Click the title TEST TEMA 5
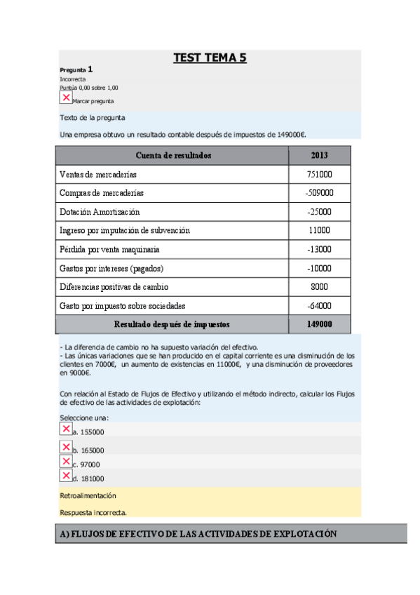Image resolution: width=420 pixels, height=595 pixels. [210, 58]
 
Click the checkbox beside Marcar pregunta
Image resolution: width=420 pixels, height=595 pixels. [66, 98]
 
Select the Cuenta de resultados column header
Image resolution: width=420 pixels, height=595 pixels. [173, 155]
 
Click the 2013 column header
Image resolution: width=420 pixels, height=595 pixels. [319, 155]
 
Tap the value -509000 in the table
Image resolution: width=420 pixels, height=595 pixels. [319, 193]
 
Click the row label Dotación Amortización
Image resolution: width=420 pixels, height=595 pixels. [100, 212]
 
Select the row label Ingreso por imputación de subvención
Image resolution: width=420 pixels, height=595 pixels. [125, 230]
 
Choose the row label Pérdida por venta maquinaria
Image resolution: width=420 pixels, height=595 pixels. [109, 249]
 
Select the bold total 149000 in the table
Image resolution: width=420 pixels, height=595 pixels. [319, 325]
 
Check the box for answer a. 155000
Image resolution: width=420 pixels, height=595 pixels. [66, 429]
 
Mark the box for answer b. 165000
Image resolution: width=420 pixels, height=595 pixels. [66, 447]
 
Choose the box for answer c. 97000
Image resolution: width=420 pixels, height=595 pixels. [66, 462]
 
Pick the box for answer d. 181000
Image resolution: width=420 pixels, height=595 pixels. [66, 476]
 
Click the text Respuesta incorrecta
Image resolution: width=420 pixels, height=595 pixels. [93, 512]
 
